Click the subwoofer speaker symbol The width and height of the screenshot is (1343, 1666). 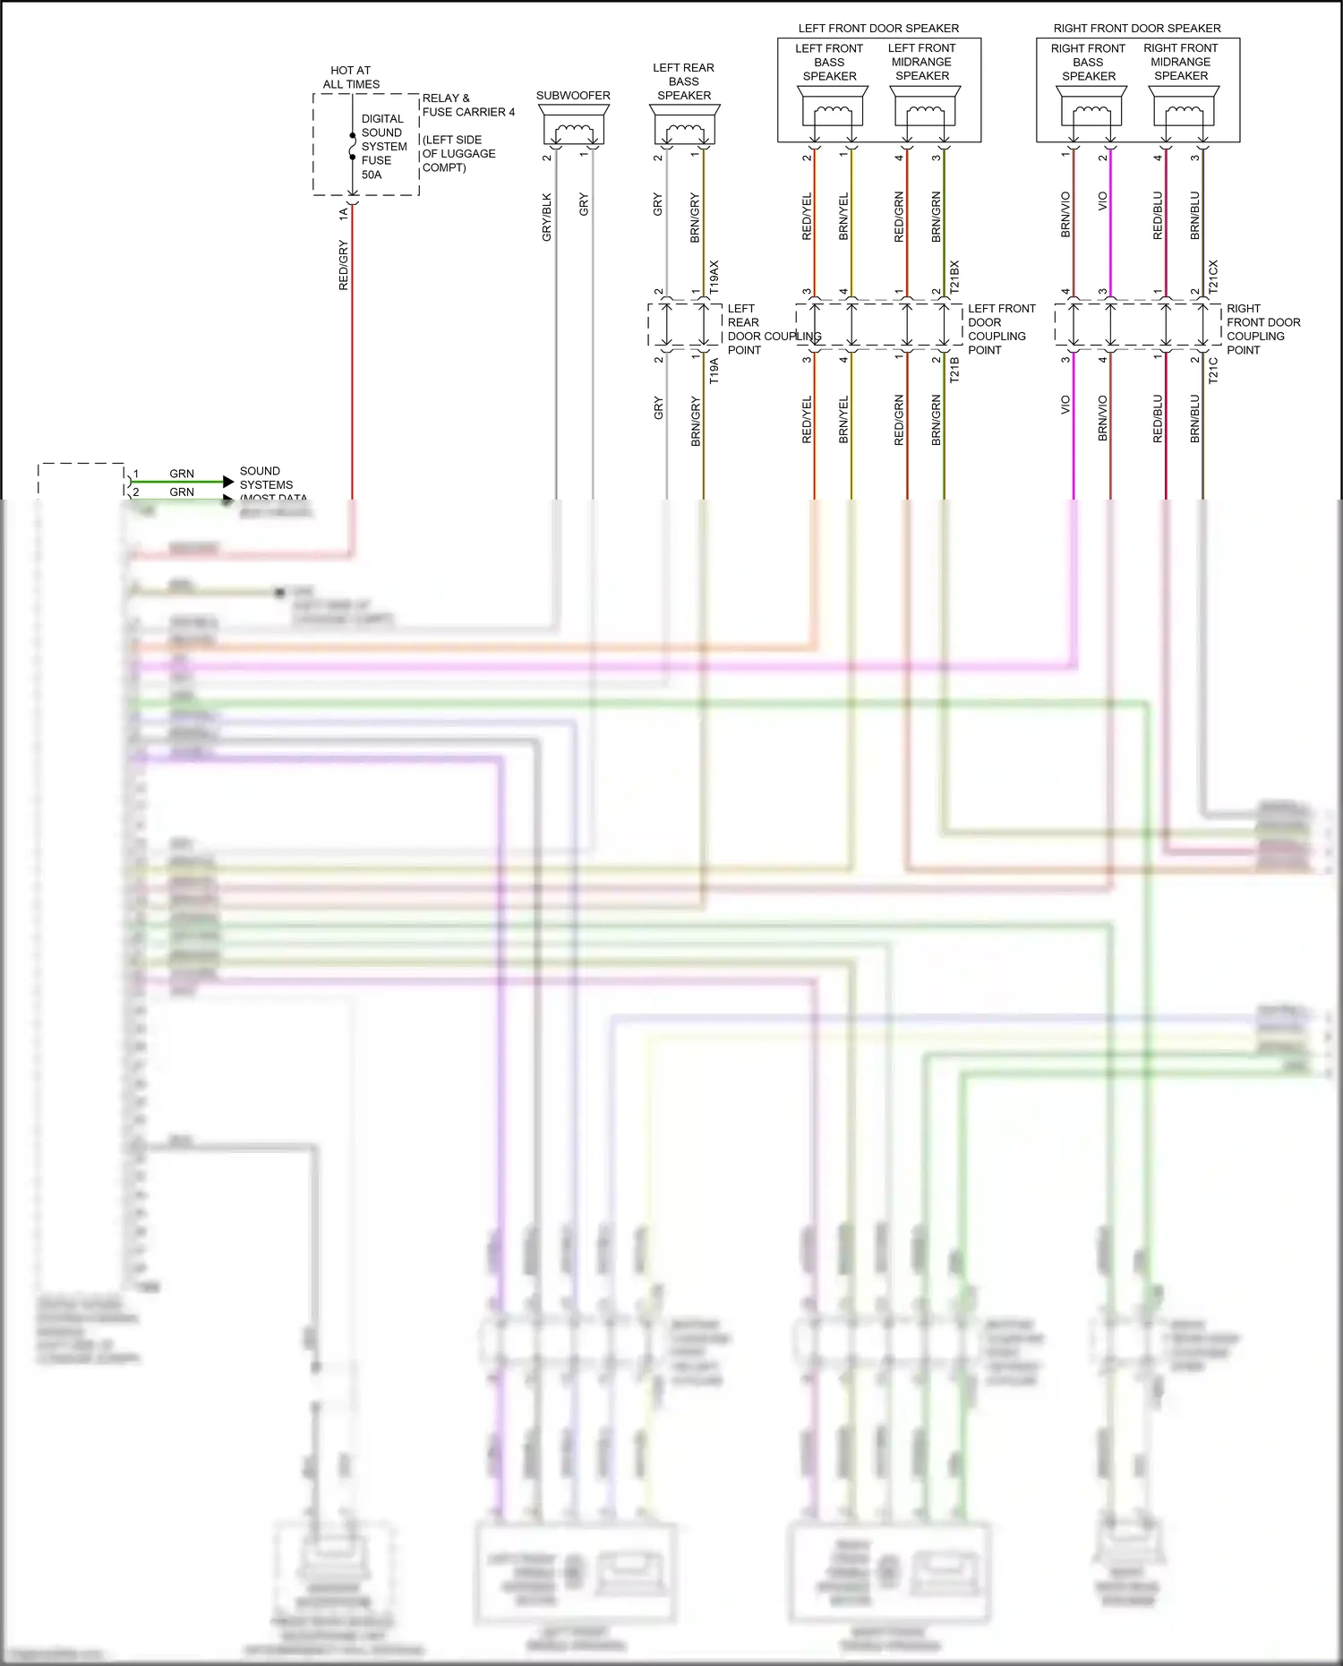[574, 125]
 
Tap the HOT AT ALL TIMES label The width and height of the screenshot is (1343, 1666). [351, 77]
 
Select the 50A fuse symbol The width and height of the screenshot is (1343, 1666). [353, 147]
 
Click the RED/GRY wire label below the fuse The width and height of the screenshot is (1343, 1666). [344, 265]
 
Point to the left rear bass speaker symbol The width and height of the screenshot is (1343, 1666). [685, 125]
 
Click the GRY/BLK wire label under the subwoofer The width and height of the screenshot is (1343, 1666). [547, 218]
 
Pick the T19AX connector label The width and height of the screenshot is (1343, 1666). [714, 278]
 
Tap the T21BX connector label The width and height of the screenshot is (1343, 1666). [954, 278]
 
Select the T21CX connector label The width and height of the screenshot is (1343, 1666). [1214, 278]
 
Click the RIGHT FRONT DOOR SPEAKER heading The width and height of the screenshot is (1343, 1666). [1137, 29]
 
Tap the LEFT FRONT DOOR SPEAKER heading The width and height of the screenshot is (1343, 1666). [878, 29]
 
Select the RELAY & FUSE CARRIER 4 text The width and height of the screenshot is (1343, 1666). [467, 105]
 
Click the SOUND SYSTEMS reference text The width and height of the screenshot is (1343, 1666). [266, 478]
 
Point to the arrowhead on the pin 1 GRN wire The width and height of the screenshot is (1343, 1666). [228, 482]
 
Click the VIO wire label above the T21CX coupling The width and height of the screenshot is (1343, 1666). [1103, 201]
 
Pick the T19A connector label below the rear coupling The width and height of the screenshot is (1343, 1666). [714, 371]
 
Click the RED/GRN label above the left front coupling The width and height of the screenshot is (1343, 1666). [900, 217]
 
